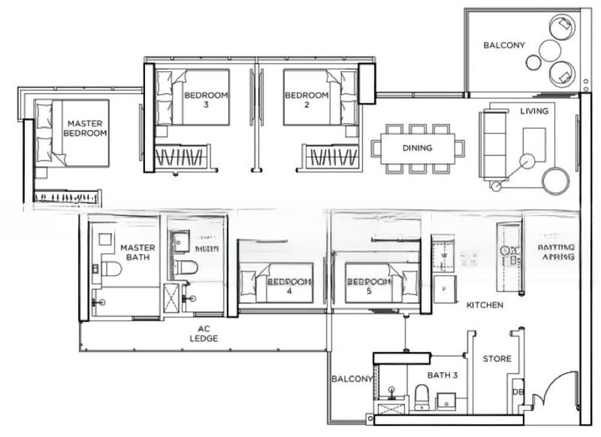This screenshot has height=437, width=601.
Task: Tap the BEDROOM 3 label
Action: (x=205, y=100)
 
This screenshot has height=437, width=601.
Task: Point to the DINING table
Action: (x=417, y=148)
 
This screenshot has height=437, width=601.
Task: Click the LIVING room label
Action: (x=534, y=111)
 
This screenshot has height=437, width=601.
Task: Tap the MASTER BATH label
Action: (x=137, y=252)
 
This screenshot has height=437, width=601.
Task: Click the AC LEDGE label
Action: (x=204, y=334)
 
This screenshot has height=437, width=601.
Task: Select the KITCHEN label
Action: (x=485, y=305)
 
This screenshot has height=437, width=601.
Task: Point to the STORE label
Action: (x=497, y=359)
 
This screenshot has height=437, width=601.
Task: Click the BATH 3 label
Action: (x=442, y=375)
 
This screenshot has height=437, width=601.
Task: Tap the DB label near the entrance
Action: (x=518, y=391)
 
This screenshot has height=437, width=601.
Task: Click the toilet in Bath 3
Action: (x=421, y=396)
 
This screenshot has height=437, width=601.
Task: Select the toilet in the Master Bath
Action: (x=111, y=269)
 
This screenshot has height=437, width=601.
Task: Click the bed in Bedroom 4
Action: (x=276, y=283)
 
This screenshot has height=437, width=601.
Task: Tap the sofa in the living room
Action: (x=494, y=144)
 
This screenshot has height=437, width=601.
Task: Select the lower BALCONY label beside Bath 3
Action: (x=351, y=380)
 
